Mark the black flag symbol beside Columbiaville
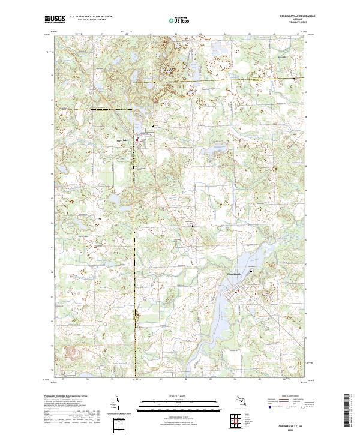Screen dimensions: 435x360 [x=260, y=272]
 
